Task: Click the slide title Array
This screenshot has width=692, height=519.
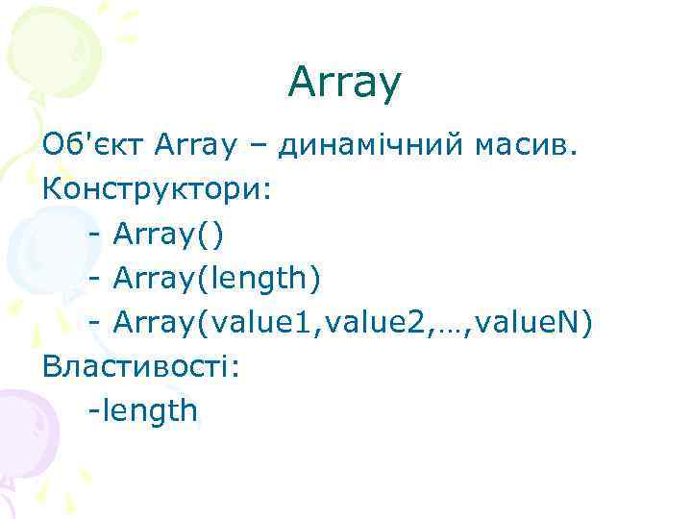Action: click(x=343, y=85)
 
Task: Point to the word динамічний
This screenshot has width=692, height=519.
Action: click(x=372, y=145)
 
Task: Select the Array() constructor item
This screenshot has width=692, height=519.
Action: click(x=168, y=234)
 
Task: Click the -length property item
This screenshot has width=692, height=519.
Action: click(x=142, y=411)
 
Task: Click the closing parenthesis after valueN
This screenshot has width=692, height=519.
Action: click(x=588, y=323)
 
